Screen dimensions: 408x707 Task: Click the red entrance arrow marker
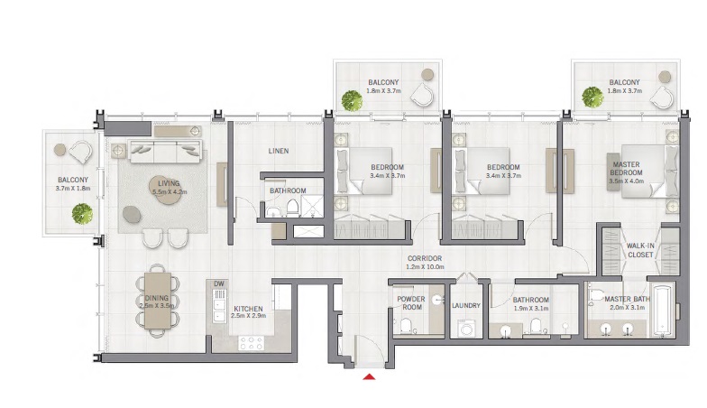click(368, 376)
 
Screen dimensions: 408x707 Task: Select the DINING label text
click(157, 297)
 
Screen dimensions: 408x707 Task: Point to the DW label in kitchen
click(219, 284)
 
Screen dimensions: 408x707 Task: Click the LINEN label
click(278, 151)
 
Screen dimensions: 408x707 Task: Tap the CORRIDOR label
click(423, 258)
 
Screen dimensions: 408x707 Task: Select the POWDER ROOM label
click(410, 301)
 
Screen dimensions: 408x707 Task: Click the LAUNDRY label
click(466, 305)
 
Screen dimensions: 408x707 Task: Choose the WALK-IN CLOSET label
click(639, 249)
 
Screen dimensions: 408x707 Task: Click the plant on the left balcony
click(82, 213)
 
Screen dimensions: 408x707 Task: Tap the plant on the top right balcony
click(592, 97)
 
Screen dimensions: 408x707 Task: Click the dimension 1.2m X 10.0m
click(423, 268)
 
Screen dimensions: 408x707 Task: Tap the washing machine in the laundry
click(466, 329)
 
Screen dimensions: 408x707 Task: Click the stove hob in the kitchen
click(250, 343)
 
